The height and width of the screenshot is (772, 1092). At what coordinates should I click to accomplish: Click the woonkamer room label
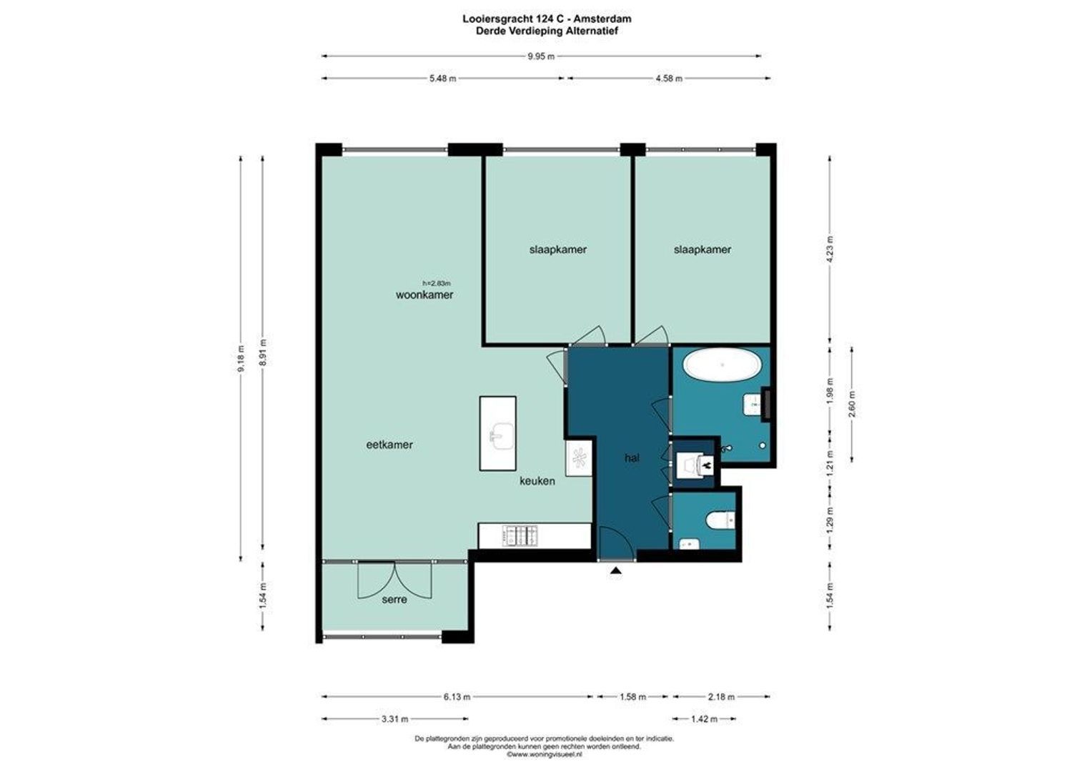tap(424, 295)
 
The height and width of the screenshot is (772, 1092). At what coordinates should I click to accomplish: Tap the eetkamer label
tap(389, 445)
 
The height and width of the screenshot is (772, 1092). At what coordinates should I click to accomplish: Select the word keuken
tap(537, 481)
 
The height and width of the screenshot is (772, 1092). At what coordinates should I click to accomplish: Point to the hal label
tap(632, 458)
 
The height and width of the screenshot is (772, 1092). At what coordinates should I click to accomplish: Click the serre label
tap(394, 599)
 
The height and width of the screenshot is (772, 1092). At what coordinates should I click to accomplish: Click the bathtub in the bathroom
tap(722, 365)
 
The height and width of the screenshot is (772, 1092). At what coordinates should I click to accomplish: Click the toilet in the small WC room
tap(722, 520)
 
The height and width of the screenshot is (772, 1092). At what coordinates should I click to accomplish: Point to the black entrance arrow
tap(616, 570)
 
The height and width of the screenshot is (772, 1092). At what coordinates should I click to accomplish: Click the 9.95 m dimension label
tap(541, 56)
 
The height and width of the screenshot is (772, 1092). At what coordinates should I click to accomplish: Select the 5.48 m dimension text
tap(442, 79)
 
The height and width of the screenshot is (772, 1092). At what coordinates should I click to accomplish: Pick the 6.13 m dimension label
tap(457, 697)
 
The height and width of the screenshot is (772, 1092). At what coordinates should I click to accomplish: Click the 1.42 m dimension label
tap(704, 719)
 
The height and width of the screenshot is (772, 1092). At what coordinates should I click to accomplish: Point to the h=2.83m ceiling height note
tap(437, 283)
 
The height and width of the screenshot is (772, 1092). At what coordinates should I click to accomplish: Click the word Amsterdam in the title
tap(602, 19)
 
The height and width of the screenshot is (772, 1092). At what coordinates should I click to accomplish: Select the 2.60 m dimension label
tap(852, 405)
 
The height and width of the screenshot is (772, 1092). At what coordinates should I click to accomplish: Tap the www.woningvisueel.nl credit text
tap(545, 754)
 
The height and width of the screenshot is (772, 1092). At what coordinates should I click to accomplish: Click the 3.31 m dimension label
tap(395, 719)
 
